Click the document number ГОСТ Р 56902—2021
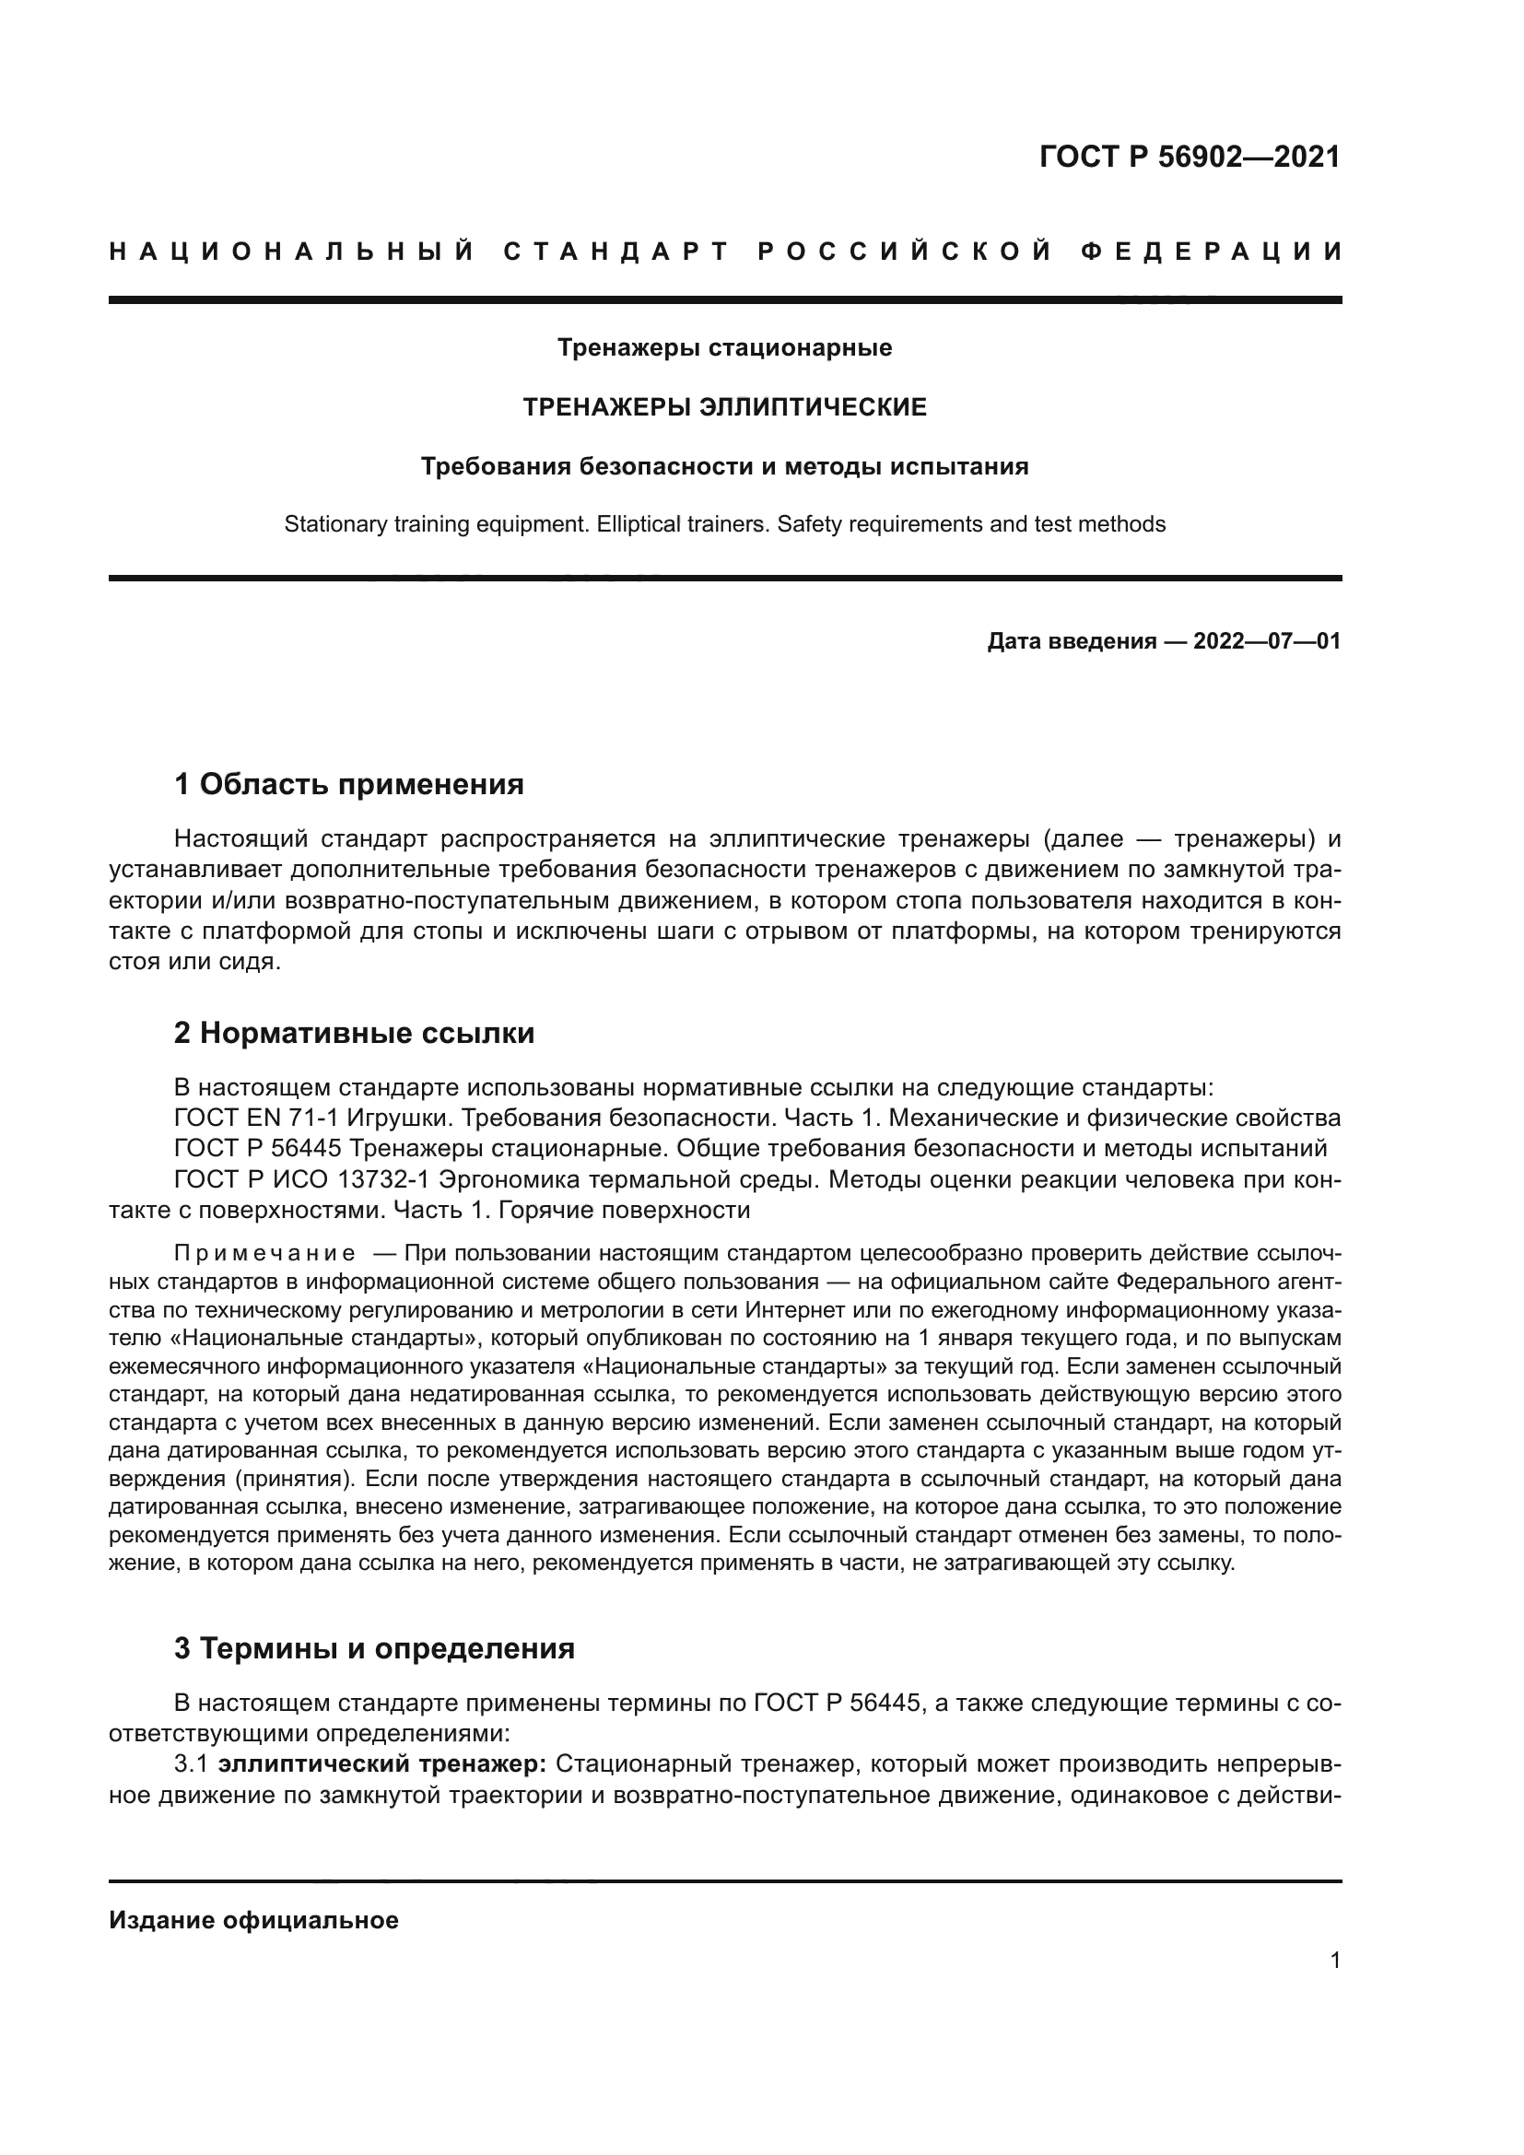click(1190, 157)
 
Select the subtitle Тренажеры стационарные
click(724, 348)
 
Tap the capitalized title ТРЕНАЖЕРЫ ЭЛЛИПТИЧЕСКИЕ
click(724, 407)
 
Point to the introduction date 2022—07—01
click(1267, 642)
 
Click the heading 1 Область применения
click(349, 784)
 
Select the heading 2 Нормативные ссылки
click(354, 1034)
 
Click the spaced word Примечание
click(264, 1254)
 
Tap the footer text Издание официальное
click(253, 1920)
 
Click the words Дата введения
click(1072, 642)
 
